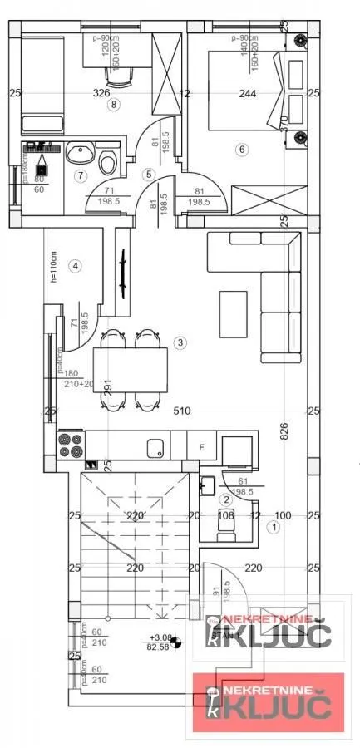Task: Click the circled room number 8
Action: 114,105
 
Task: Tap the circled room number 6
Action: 242,150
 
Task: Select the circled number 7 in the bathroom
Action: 80,175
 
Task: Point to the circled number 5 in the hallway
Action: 148,174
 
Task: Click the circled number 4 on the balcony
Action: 76,266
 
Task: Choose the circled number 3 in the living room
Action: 180,342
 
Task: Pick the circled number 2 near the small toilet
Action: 225,499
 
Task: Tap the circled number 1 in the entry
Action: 273,526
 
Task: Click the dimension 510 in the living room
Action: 182,411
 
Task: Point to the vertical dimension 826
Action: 284,432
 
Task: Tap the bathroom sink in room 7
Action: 81,154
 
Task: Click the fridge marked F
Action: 201,446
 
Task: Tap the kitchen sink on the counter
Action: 155,448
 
